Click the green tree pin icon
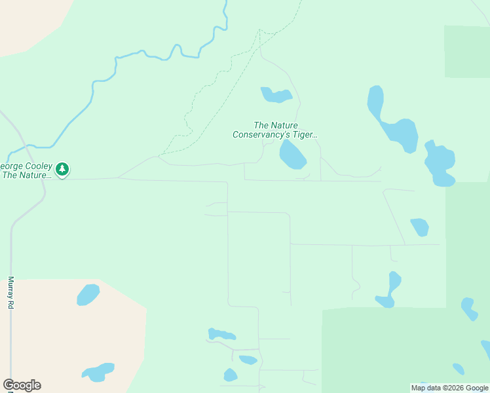(62, 170)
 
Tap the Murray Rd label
(10, 293)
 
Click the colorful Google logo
(22, 385)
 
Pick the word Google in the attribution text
(476, 388)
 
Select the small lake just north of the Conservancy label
(276, 96)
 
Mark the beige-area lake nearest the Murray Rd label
(88, 295)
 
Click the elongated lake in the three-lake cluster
(221, 334)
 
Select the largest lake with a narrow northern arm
(393, 124)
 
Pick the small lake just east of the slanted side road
(420, 227)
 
